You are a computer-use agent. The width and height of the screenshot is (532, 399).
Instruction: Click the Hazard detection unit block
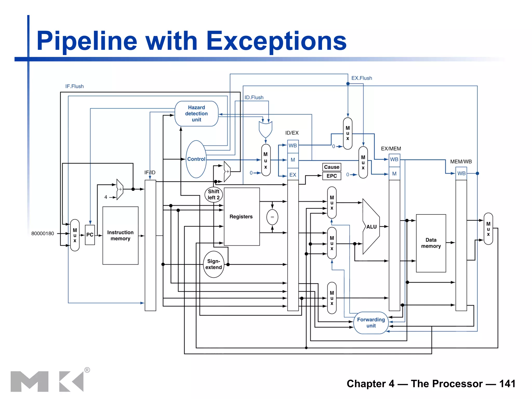(x=196, y=114)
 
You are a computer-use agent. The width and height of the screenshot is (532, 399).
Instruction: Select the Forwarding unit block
(x=371, y=322)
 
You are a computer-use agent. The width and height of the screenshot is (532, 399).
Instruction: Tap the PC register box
(x=90, y=235)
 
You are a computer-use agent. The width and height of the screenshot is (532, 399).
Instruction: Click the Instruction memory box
(x=120, y=235)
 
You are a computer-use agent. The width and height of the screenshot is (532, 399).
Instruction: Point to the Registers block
(x=242, y=216)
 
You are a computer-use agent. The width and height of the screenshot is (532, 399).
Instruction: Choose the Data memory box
(x=431, y=243)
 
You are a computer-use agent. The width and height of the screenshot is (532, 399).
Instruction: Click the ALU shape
(x=371, y=227)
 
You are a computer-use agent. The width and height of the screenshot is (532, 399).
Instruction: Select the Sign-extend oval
(x=214, y=264)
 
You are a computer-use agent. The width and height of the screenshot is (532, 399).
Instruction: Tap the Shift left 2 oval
(x=214, y=195)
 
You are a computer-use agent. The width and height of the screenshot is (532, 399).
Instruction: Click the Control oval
(x=196, y=159)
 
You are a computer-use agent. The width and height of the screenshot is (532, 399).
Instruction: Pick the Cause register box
(x=332, y=167)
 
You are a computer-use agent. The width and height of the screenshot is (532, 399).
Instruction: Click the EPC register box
(x=332, y=176)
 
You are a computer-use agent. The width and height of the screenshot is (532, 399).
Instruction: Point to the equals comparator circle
(x=272, y=217)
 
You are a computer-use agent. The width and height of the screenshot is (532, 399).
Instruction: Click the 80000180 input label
(x=43, y=234)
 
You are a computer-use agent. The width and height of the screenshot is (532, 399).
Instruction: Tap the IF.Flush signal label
(x=75, y=86)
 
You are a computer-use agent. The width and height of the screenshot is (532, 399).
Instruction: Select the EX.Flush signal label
(x=362, y=78)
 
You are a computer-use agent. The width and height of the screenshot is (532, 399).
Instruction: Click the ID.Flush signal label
(x=254, y=97)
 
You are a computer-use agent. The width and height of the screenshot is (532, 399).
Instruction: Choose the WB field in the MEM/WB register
(x=461, y=173)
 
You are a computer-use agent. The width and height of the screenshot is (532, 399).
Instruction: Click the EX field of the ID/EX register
(x=293, y=175)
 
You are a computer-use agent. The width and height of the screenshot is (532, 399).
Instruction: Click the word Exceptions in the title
(x=276, y=41)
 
